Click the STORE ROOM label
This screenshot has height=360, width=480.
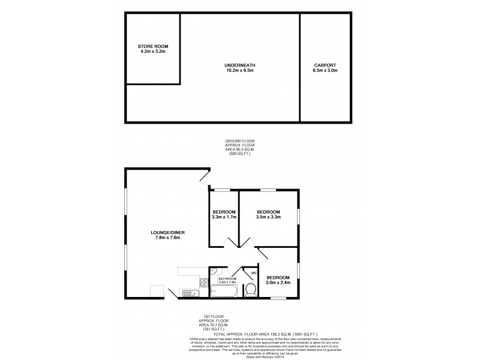click(x=152, y=47)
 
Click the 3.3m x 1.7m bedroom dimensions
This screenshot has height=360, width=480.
click(x=224, y=217)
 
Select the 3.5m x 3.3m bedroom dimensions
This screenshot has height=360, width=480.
click(x=268, y=217)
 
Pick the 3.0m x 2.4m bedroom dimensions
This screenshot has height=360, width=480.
click(x=278, y=281)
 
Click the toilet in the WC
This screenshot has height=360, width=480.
click(x=251, y=291)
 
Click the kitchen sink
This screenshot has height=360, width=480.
click(x=190, y=293)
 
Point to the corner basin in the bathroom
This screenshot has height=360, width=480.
click(x=213, y=272)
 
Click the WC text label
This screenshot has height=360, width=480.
click(x=254, y=274)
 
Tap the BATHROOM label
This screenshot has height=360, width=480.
click(x=227, y=279)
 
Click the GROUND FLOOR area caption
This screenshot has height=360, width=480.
click(x=239, y=148)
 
